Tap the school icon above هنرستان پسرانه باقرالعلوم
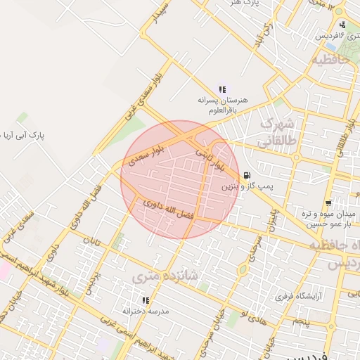click(x=222, y=89)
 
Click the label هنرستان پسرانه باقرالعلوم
click(x=222, y=105)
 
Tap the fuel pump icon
click(x=245, y=175)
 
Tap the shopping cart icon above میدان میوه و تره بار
click(x=327, y=203)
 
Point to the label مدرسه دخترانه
click(x=146, y=310)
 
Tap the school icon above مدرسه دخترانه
click(x=146, y=300)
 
